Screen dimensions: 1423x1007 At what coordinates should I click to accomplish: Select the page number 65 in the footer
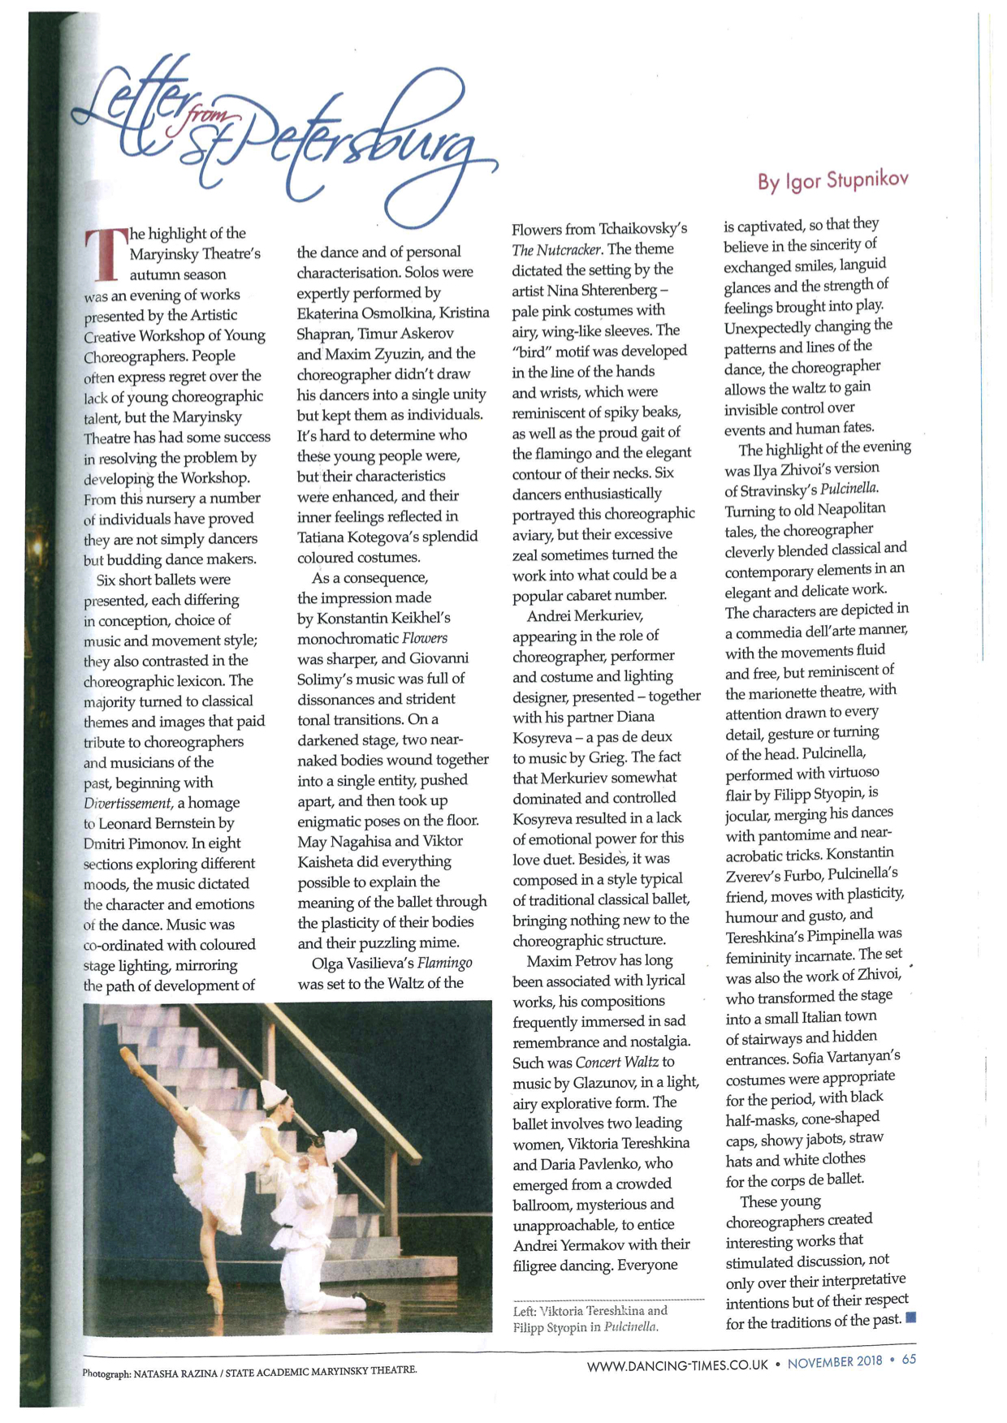coord(909,1359)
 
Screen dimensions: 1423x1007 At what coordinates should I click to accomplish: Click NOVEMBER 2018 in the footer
coord(836,1362)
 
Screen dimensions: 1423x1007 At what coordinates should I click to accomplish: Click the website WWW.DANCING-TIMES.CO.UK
coord(677,1365)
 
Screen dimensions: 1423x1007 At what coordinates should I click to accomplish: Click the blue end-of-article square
coord(910,1317)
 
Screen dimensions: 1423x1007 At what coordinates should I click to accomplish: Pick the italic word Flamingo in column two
coord(444,963)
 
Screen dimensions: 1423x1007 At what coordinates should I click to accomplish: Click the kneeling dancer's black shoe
coord(370,1302)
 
